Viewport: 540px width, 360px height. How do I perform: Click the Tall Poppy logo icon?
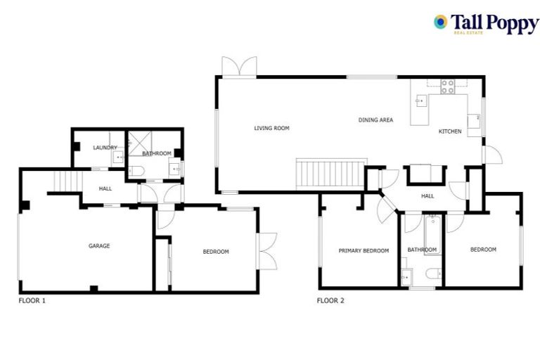pos(441,22)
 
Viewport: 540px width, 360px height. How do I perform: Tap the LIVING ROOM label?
pos(271,128)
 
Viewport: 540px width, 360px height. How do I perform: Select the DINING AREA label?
pos(375,120)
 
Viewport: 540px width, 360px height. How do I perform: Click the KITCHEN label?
pos(450,131)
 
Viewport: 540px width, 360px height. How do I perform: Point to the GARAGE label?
pos(99,246)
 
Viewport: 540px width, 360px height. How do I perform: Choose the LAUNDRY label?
pos(105,148)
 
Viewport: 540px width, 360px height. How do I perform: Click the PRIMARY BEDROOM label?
pos(364,250)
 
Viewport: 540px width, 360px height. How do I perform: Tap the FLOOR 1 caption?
pos(32,300)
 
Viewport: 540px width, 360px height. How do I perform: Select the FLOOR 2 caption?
pos(330,300)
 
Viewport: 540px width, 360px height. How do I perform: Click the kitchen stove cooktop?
pos(447,87)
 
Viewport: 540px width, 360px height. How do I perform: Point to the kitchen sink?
pos(420,101)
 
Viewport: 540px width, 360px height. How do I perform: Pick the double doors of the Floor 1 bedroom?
pos(267,250)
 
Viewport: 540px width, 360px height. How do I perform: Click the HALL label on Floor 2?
pos(427,196)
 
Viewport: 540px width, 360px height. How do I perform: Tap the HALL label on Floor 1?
pos(105,188)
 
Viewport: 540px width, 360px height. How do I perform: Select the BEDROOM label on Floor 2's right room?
pos(483,250)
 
